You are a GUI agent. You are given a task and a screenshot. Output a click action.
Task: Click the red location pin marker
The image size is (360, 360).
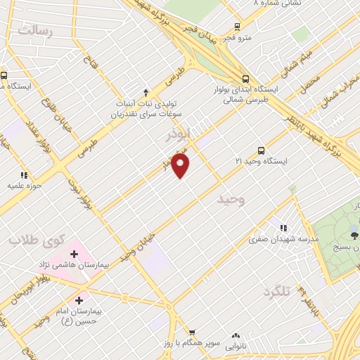point(181,166)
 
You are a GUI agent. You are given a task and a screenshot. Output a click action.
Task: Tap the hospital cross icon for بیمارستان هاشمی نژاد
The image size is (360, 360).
point(74,253)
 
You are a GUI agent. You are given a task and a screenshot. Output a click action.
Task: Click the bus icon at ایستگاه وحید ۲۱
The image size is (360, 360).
point(261,150)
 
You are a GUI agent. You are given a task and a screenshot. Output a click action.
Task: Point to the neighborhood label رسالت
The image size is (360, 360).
point(37,31)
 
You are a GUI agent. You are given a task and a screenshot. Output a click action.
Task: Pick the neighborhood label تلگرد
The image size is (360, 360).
point(277,291)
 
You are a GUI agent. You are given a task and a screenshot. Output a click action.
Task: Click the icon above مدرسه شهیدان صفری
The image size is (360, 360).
point(284,228)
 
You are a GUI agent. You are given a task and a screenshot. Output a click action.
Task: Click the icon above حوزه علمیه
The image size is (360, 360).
point(23,175)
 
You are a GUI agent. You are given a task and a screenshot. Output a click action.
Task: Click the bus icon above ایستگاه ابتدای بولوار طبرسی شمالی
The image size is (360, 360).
point(245,79)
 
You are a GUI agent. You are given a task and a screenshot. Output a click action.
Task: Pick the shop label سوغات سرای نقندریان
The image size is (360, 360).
point(150,113)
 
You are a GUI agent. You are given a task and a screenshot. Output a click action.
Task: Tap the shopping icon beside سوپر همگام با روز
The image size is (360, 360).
point(191,332)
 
